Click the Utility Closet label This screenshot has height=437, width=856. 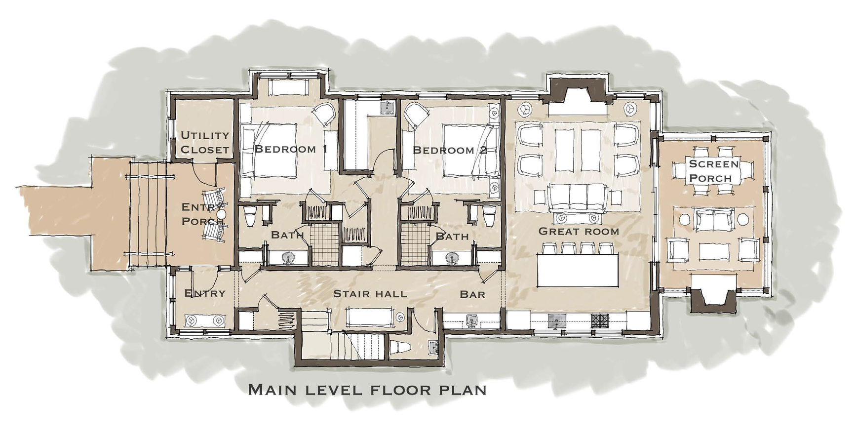[x=205, y=142]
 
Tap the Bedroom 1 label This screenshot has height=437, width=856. [x=291, y=149]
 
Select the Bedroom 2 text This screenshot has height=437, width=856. [x=450, y=150]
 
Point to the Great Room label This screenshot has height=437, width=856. [x=579, y=231]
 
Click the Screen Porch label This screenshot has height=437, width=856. [x=714, y=170]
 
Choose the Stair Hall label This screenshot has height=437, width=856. [x=370, y=294]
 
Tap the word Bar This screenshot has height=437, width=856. [x=472, y=294]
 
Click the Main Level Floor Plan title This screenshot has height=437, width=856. [x=367, y=390]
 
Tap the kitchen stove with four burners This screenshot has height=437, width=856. [x=601, y=321]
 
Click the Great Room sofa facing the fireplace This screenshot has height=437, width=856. [x=578, y=197]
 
